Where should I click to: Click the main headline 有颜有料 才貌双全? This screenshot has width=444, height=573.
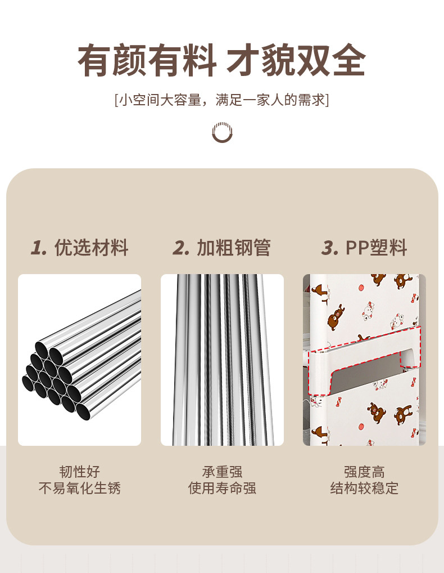point(221,60)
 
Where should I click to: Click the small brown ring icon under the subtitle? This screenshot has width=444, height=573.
point(222,132)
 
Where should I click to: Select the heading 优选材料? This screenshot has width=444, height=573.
point(91,248)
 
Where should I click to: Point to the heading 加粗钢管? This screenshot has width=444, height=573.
point(234,248)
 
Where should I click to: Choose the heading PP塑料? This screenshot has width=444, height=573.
point(376,248)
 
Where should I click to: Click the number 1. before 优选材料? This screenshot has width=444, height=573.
point(39,248)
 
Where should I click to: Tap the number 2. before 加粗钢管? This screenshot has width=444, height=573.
point(181,248)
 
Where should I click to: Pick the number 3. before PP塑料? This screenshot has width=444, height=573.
point(330,248)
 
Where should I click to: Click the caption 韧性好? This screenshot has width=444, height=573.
point(80,472)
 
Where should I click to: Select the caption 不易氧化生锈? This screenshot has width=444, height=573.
point(80,488)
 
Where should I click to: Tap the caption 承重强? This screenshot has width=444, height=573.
point(222,472)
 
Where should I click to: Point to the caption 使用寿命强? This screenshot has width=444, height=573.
point(222,488)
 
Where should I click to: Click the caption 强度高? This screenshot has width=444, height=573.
point(364,472)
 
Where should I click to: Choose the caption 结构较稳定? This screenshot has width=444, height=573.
point(364,488)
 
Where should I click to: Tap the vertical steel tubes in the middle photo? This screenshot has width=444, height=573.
point(223,360)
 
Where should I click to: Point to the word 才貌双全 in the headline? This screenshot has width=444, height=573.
point(296,60)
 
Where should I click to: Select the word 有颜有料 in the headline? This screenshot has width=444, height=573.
point(147,60)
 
